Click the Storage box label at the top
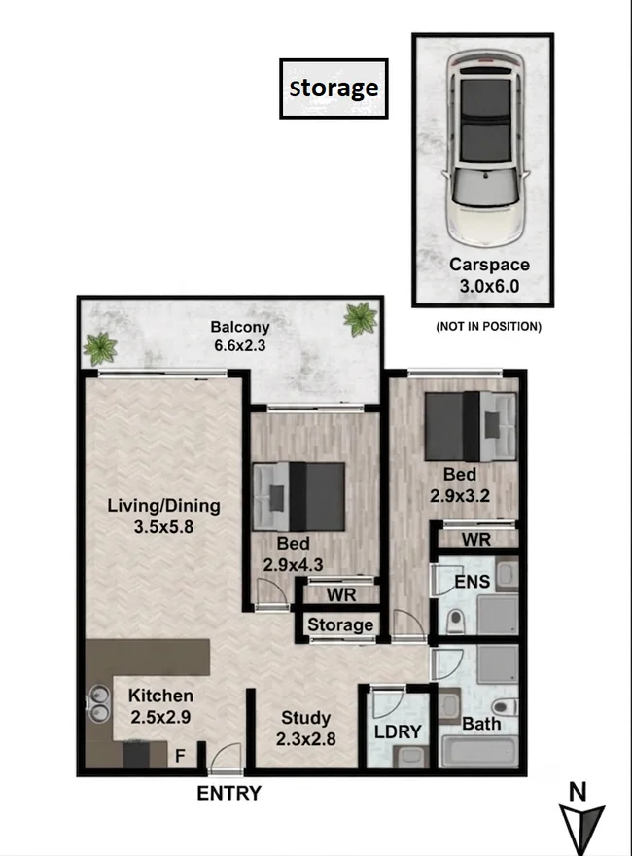point(334,88)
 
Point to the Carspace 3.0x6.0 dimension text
point(489,286)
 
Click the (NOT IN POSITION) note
point(488,327)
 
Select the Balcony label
point(240,327)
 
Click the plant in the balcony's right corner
point(360,319)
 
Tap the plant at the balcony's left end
point(100,348)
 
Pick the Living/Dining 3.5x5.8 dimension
point(163,527)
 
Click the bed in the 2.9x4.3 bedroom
point(299,497)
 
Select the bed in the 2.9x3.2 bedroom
point(471,426)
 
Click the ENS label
point(473,582)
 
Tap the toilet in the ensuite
point(455,621)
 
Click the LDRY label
point(398,731)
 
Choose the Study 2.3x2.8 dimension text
point(305,739)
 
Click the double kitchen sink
point(98,704)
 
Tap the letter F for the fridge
point(180,756)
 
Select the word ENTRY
point(228,793)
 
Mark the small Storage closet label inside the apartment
point(340,624)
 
